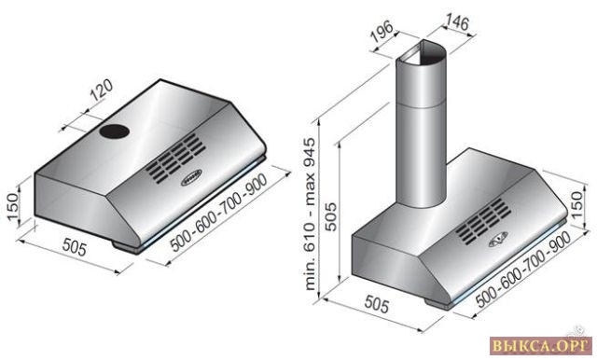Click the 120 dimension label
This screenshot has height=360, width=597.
pyautogui.click(x=102, y=90)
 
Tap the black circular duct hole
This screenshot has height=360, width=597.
pyautogui.click(x=115, y=132)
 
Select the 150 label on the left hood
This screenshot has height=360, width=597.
pyautogui.click(x=12, y=207)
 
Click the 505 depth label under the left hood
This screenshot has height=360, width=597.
pyautogui.click(x=75, y=247)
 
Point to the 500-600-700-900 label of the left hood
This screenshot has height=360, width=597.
pyautogui.click(x=218, y=214)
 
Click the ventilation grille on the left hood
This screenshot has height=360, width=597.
pyautogui.click(x=175, y=158)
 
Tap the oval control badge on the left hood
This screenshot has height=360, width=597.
pyautogui.click(x=191, y=178)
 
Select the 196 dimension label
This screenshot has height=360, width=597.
pyautogui.click(x=382, y=31)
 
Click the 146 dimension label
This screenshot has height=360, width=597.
pyautogui.click(x=457, y=22)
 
